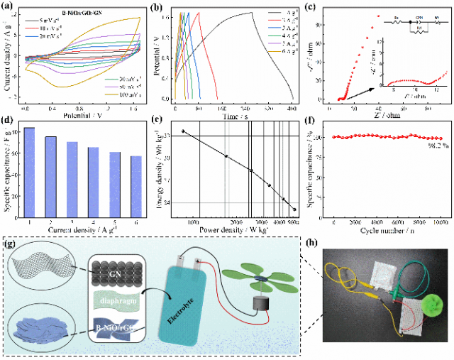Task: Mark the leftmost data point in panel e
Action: pos(183,131)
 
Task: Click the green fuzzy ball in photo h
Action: pos(430,306)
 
